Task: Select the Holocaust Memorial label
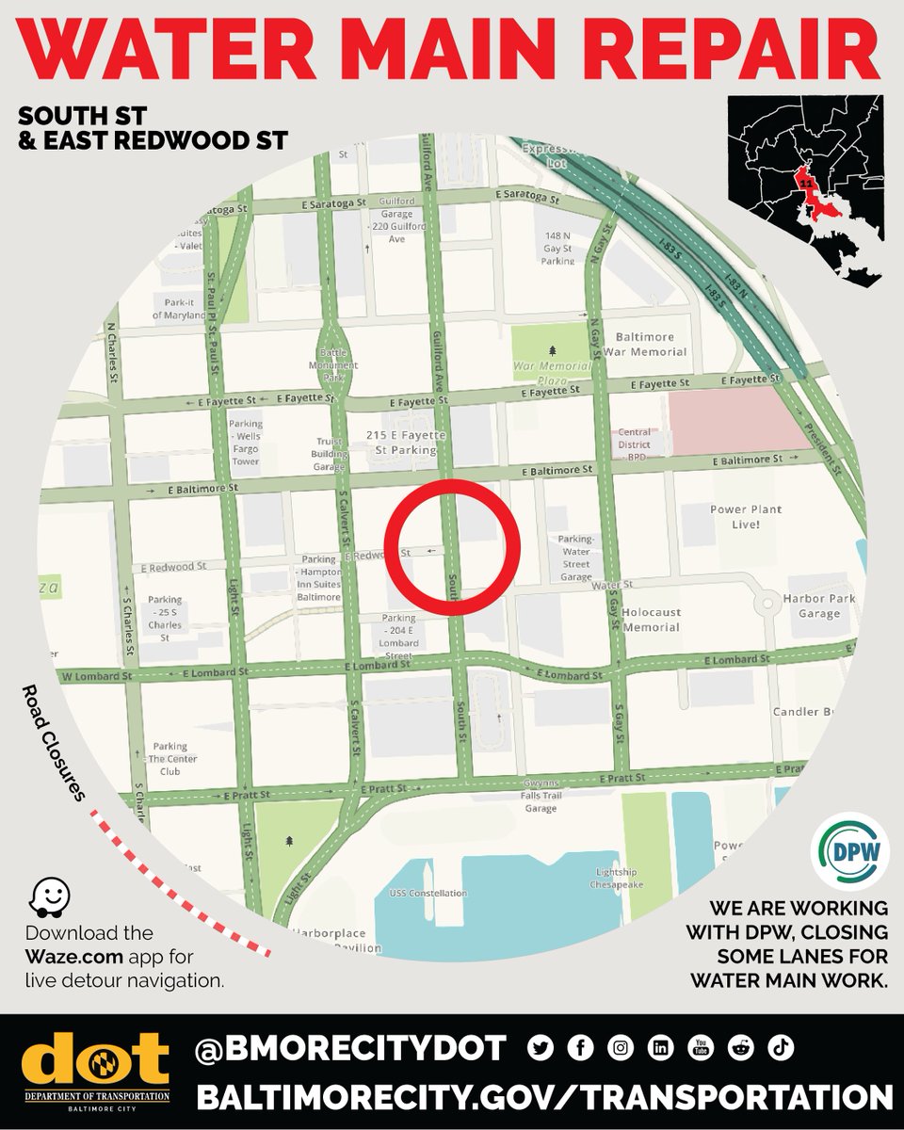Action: [651, 620]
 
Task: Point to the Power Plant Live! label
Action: [747, 516]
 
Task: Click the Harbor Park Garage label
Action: [817, 605]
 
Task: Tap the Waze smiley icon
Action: [46, 899]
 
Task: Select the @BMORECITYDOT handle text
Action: [350, 1047]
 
